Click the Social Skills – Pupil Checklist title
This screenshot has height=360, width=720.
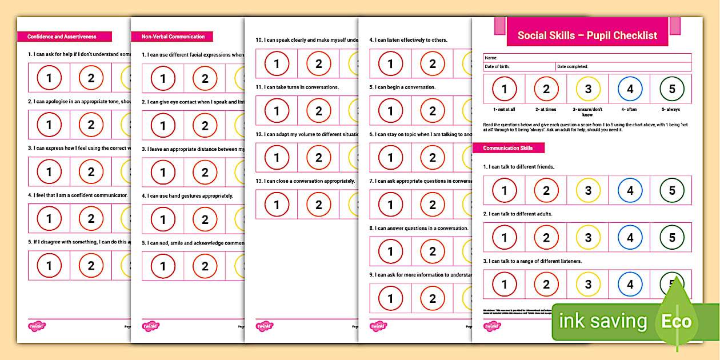(587, 35)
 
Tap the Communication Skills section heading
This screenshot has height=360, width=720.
(508, 148)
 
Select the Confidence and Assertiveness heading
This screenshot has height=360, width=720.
(62, 37)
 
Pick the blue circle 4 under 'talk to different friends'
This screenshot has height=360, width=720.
(630, 191)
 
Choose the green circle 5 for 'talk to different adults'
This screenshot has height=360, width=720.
(672, 238)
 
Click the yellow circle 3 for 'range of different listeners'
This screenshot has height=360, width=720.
(588, 285)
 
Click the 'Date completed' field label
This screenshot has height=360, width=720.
(573, 67)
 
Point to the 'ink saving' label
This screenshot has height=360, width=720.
(603, 321)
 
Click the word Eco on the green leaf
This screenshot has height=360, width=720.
(677, 321)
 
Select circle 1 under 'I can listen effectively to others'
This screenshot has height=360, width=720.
(391, 64)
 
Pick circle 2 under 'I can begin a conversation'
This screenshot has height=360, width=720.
(433, 111)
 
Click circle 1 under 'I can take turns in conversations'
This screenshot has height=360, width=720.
(277, 111)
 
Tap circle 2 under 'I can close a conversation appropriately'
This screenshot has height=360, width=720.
(319, 205)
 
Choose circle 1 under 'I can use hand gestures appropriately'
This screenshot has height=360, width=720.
(163, 219)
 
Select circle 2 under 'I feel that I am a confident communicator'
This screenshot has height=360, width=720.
(91, 218)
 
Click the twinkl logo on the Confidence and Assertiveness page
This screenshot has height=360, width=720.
(37, 326)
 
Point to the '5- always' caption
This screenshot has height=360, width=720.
(672, 109)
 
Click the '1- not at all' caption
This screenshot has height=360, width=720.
(504, 109)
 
